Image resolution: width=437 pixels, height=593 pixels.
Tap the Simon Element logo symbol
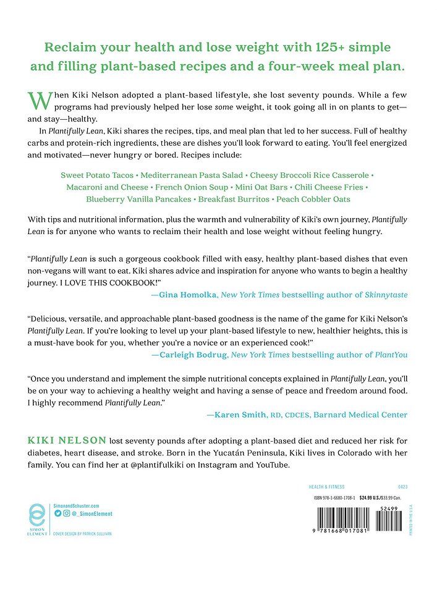tap(37, 516)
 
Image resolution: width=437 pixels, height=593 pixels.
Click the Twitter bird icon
tap(57, 513)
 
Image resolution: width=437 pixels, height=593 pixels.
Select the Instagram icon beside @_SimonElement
tap(66, 513)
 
